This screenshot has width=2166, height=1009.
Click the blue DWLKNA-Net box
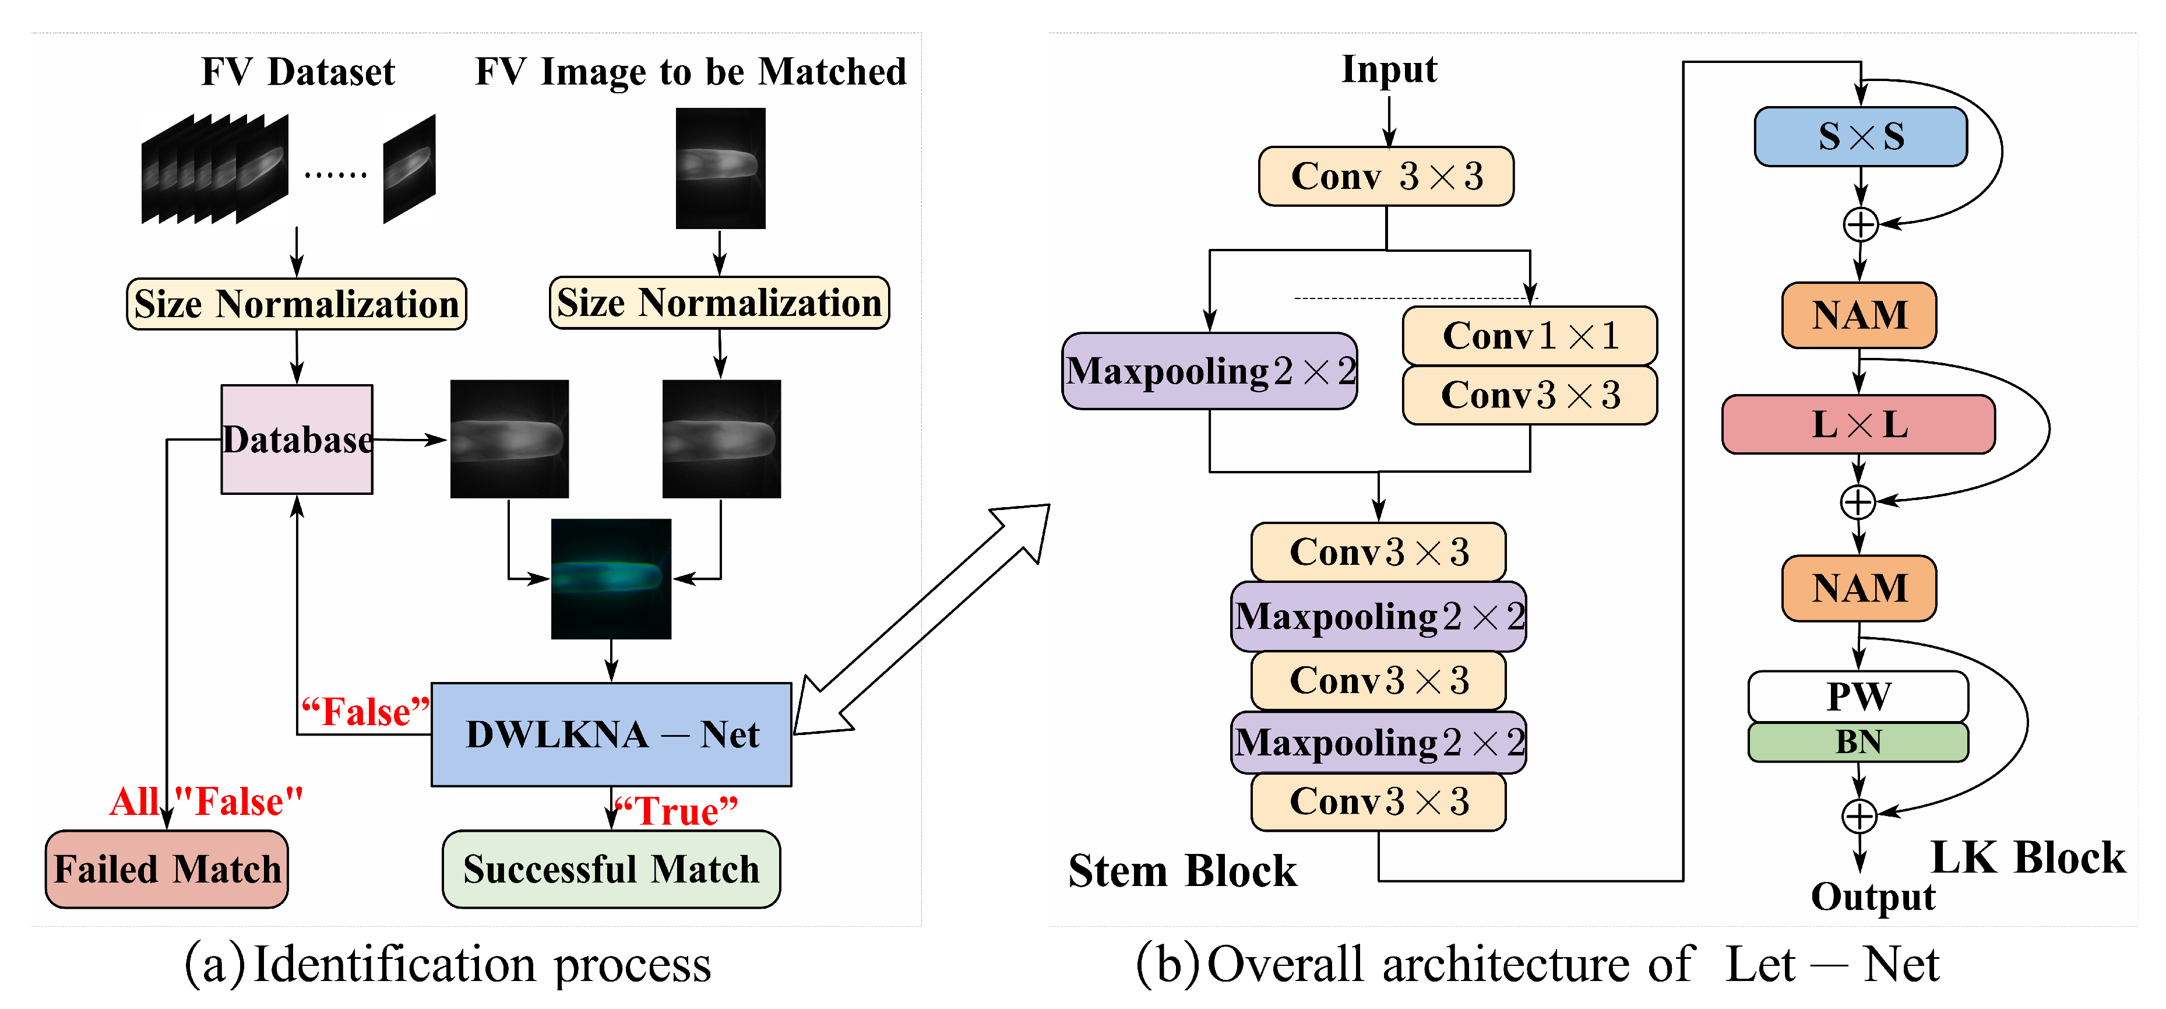(x=611, y=734)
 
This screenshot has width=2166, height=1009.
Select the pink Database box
(x=296, y=439)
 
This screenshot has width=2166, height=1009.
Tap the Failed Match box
(x=167, y=869)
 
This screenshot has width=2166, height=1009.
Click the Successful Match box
(x=611, y=869)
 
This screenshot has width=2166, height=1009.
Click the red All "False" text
(x=207, y=801)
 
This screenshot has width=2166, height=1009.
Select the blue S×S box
(x=1860, y=136)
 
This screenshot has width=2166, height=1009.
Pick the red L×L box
(x=1858, y=424)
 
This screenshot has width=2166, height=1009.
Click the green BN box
(x=1858, y=741)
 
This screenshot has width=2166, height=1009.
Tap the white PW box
(x=1858, y=695)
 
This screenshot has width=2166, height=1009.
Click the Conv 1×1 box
(x=1530, y=336)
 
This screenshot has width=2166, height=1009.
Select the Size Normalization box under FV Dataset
(x=296, y=304)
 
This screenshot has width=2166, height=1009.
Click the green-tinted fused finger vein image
(x=611, y=578)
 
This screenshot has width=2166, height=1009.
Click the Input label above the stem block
(x=1389, y=69)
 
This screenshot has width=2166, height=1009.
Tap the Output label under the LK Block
(x=1872, y=897)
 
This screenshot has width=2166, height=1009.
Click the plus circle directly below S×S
(x=1860, y=224)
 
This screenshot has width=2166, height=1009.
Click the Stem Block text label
(x=1182, y=870)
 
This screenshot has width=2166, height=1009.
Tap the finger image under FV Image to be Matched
(x=721, y=167)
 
